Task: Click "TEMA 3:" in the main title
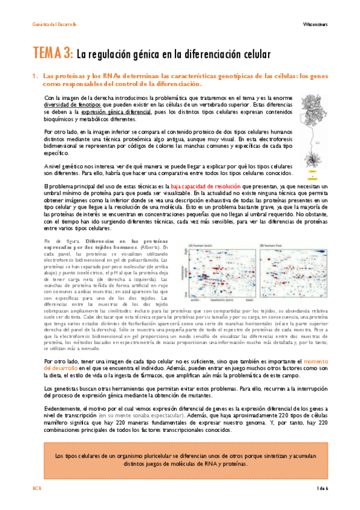[53, 54]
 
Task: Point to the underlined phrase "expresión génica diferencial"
[116, 112]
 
